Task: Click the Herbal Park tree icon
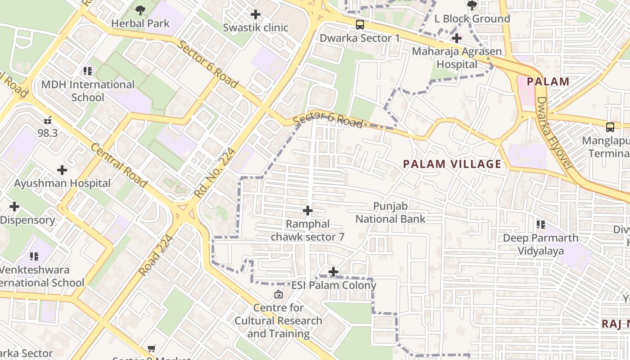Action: [x=140, y=9]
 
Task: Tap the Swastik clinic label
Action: [x=256, y=27]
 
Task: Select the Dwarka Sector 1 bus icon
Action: [x=360, y=25]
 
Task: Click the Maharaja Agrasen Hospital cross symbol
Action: [x=457, y=38]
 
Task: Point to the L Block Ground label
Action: [x=472, y=19]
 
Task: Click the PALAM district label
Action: [x=548, y=82]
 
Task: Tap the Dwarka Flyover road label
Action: [x=555, y=133]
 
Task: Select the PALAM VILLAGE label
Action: [x=452, y=164]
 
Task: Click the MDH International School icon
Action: [x=88, y=71]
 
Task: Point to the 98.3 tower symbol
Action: [x=48, y=120]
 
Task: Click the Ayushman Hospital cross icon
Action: [x=62, y=170]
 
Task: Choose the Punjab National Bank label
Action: [x=391, y=213]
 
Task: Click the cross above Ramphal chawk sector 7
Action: [x=308, y=211]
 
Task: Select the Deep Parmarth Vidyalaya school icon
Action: [x=540, y=224]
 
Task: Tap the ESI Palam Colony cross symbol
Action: [x=333, y=272]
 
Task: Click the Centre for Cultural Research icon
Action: [x=279, y=295]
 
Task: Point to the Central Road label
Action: [x=119, y=166]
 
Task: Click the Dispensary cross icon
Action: [x=14, y=207]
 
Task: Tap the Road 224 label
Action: [x=156, y=255]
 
